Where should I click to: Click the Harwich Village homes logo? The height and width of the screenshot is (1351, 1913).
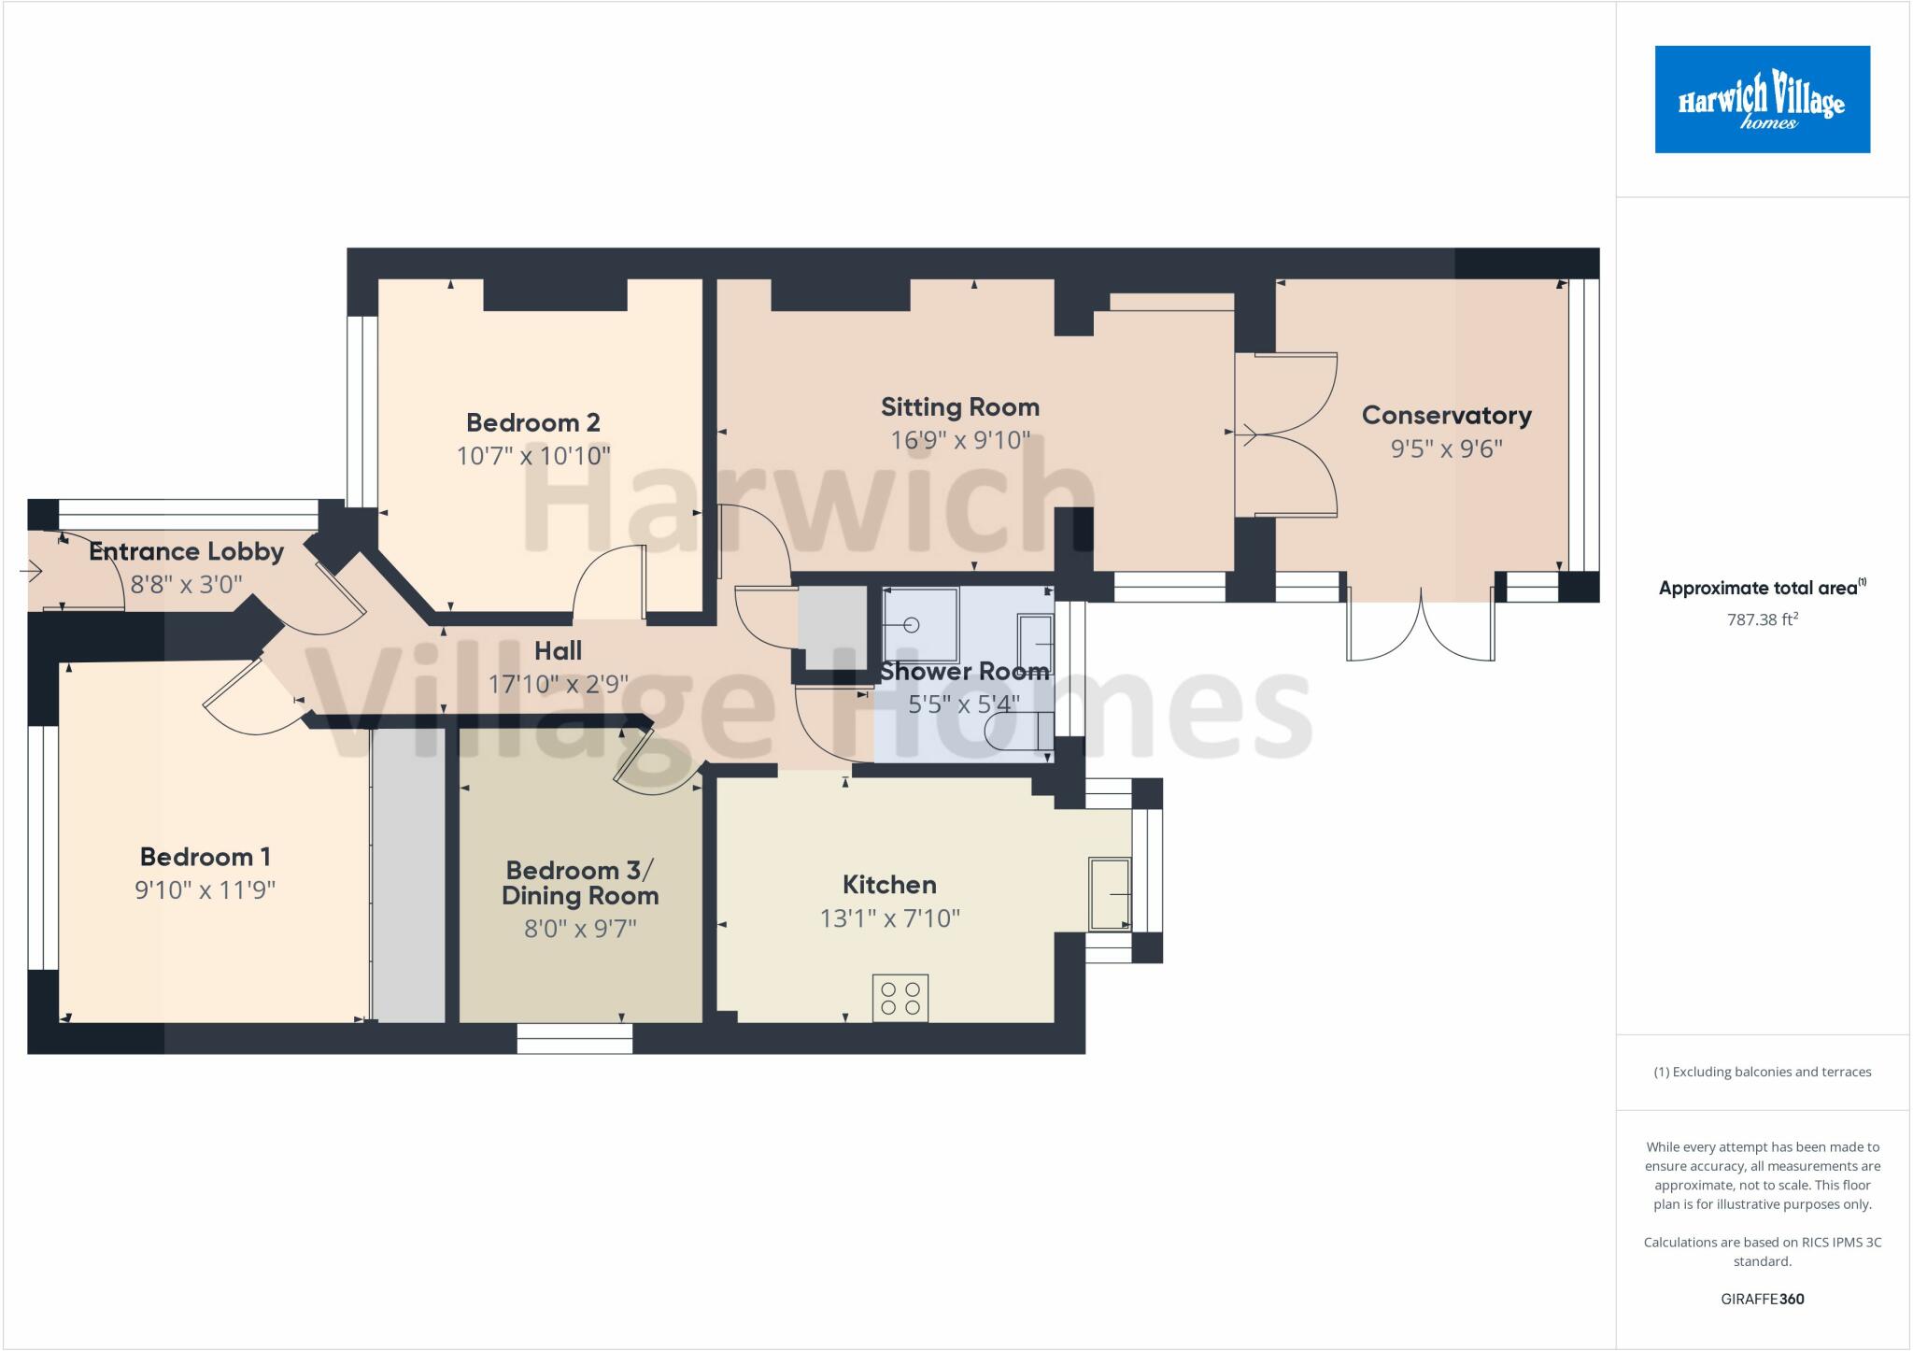[1762, 99]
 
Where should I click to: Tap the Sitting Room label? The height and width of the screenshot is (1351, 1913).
[959, 407]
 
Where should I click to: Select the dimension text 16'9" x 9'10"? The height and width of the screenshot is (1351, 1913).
[959, 440]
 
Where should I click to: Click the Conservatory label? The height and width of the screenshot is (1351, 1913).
[1446, 416]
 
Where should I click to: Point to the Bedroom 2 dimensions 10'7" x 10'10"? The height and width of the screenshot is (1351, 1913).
[532, 456]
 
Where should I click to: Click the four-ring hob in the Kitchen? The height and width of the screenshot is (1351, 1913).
[900, 998]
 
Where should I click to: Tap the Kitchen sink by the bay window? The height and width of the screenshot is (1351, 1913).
[1111, 894]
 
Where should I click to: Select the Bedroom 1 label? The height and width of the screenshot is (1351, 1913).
[205, 857]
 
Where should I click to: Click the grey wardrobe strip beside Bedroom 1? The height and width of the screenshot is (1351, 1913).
[408, 875]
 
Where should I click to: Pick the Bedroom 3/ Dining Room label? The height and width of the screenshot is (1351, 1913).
[579, 883]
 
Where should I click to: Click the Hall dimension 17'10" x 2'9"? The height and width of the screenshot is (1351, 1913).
[558, 685]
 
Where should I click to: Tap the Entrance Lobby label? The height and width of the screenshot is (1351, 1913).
[186, 551]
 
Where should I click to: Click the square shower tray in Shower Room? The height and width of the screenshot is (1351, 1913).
[920, 623]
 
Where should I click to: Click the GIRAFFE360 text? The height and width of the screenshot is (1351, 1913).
[1762, 1299]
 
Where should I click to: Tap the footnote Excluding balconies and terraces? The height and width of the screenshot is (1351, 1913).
[1762, 1072]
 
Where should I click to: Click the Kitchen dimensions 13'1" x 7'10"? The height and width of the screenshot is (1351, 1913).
[889, 918]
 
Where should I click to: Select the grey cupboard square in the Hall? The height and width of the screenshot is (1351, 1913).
[831, 627]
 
